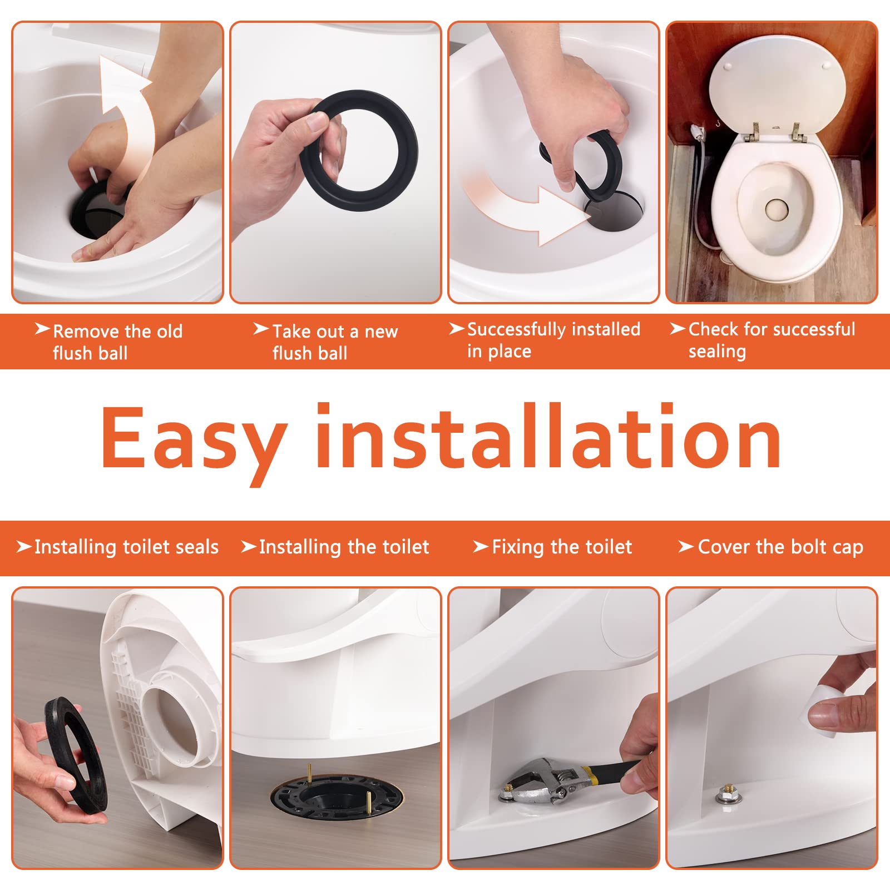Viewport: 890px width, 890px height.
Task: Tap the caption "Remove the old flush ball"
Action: [117, 342]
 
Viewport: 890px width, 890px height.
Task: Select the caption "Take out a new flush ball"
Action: [334, 342]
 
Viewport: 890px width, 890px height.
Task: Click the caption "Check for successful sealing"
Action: [771, 340]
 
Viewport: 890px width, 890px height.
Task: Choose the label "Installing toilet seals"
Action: [126, 547]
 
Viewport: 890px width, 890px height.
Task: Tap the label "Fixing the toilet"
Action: [561, 547]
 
